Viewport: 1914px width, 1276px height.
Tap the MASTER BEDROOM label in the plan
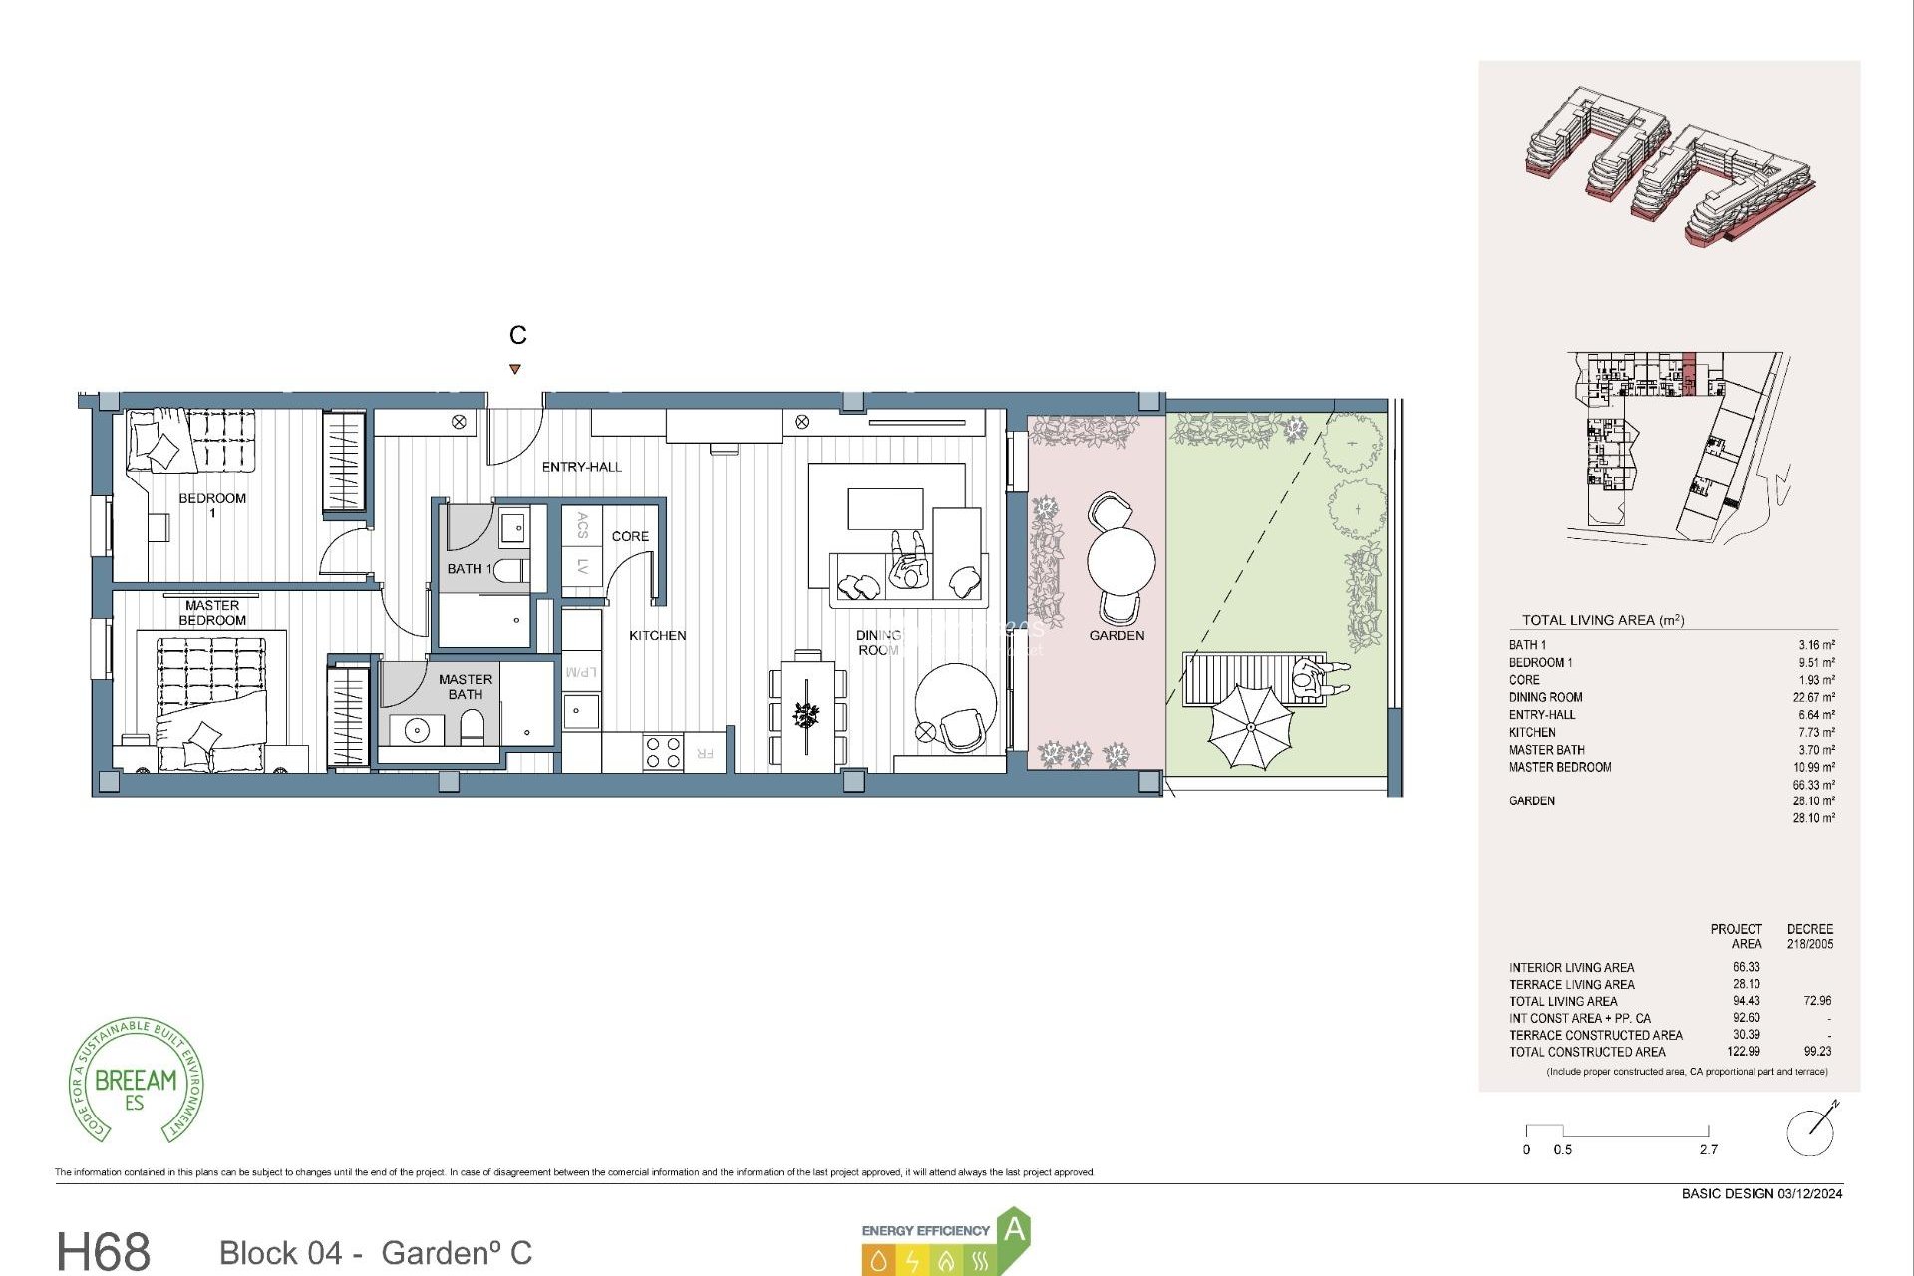pyautogui.click(x=212, y=612)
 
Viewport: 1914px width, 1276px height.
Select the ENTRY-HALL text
pyautogui.click(x=581, y=467)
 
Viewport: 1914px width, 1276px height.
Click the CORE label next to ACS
pyautogui.click(x=630, y=536)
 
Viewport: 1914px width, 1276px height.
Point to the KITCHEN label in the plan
pyautogui.click(x=657, y=635)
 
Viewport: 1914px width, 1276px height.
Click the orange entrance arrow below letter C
pyautogui.click(x=515, y=369)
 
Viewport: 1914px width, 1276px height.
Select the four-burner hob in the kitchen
pyautogui.click(x=662, y=752)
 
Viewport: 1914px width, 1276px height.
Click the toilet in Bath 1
pyautogui.click(x=509, y=570)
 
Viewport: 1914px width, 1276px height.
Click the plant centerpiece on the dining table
pyautogui.click(x=805, y=714)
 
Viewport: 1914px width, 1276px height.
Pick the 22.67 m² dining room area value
pyautogui.click(x=1813, y=698)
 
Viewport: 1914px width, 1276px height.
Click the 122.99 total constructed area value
pyautogui.click(x=1744, y=1052)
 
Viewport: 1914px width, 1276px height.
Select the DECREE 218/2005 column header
pyautogui.click(x=1809, y=936)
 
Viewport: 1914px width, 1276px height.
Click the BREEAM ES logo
pyautogui.click(x=137, y=1082)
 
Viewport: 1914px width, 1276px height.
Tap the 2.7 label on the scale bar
pyautogui.click(x=1708, y=1150)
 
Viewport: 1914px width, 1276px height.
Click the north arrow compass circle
pyautogui.click(x=1809, y=1132)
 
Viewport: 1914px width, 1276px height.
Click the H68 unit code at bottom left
pyautogui.click(x=104, y=1251)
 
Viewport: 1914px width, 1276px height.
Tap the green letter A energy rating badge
pyautogui.click(x=1014, y=1229)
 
